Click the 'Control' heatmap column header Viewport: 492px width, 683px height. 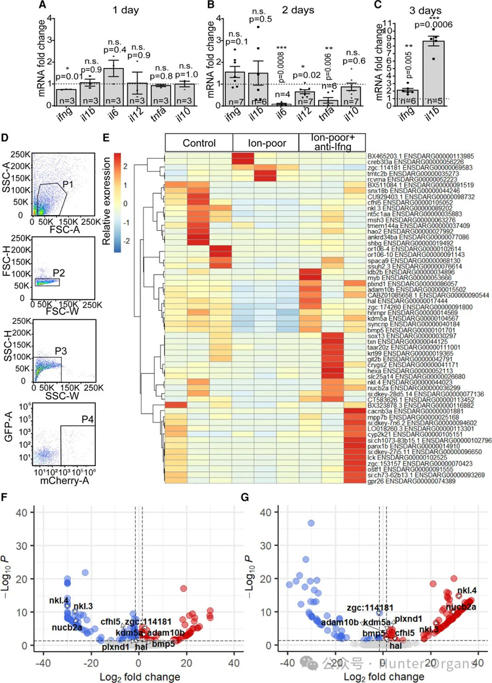(199, 143)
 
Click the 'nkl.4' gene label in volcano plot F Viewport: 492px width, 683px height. (58, 582)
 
